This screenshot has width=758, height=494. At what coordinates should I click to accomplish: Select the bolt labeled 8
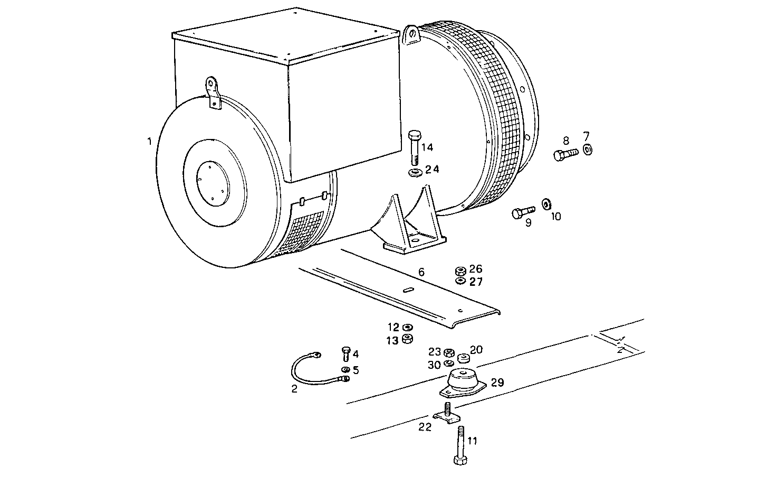[x=565, y=154]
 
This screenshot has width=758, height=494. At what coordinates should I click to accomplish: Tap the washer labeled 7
[x=588, y=151]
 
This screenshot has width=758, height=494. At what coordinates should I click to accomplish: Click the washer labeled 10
[x=546, y=203]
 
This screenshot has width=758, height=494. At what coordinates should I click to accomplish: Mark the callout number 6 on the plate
[x=421, y=272]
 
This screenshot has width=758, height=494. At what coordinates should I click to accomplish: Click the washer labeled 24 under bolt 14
[x=414, y=172]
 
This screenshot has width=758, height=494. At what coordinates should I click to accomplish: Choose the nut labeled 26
[x=459, y=271]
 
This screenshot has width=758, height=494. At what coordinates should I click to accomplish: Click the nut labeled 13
[x=407, y=339]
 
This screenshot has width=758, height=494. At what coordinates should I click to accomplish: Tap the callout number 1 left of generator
[x=149, y=141]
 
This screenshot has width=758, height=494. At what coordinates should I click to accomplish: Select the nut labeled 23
[x=449, y=352]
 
